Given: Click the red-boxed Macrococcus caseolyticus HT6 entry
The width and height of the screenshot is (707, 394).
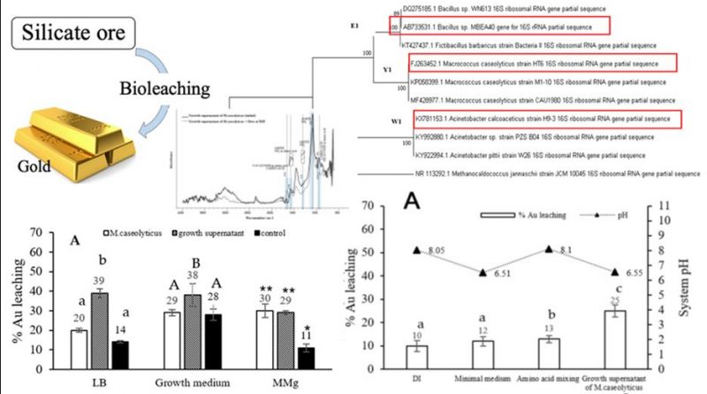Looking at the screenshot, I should [x=541, y=63].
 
